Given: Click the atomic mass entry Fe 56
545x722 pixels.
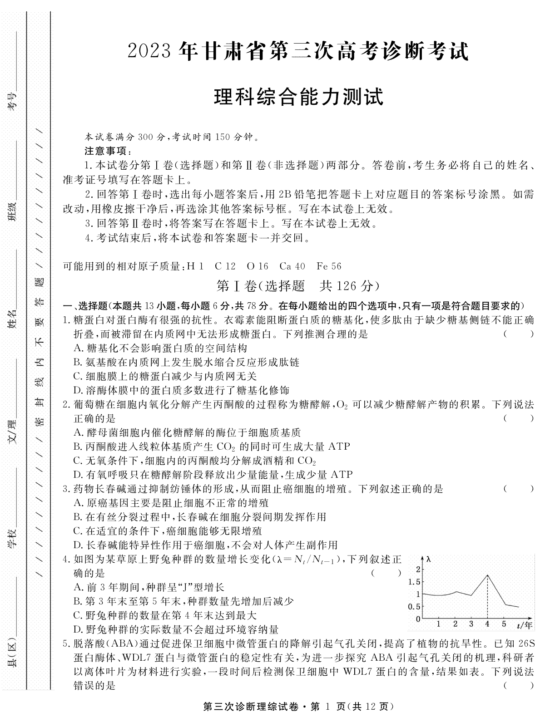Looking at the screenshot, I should pos(329,266).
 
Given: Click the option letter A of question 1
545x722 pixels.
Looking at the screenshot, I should pos(76,349).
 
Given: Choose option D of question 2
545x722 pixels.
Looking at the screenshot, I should pos(76,475).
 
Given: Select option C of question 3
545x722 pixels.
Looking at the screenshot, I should pos(76,530).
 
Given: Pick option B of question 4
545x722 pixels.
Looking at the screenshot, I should pos(76,601).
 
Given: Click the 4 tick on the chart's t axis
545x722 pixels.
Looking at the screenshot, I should pos(487,624).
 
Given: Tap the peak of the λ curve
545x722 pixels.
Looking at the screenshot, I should pos(487,575).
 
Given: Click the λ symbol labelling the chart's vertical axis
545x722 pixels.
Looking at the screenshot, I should pos(428,559).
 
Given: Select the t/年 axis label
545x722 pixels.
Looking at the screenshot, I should pos(524,625).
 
